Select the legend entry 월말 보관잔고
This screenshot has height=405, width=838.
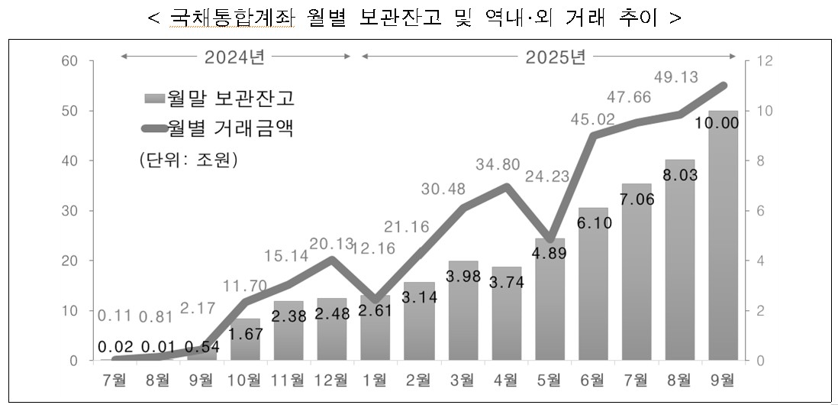220,99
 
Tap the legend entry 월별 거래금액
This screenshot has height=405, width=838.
220,128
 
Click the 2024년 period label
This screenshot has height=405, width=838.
236,56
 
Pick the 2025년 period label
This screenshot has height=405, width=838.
556,56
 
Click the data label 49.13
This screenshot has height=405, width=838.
677,76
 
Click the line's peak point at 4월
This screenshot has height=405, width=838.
506,186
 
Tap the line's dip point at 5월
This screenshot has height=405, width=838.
550,238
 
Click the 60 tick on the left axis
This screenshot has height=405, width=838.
70,60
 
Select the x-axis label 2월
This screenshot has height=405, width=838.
419,379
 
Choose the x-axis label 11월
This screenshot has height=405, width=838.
289,379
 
